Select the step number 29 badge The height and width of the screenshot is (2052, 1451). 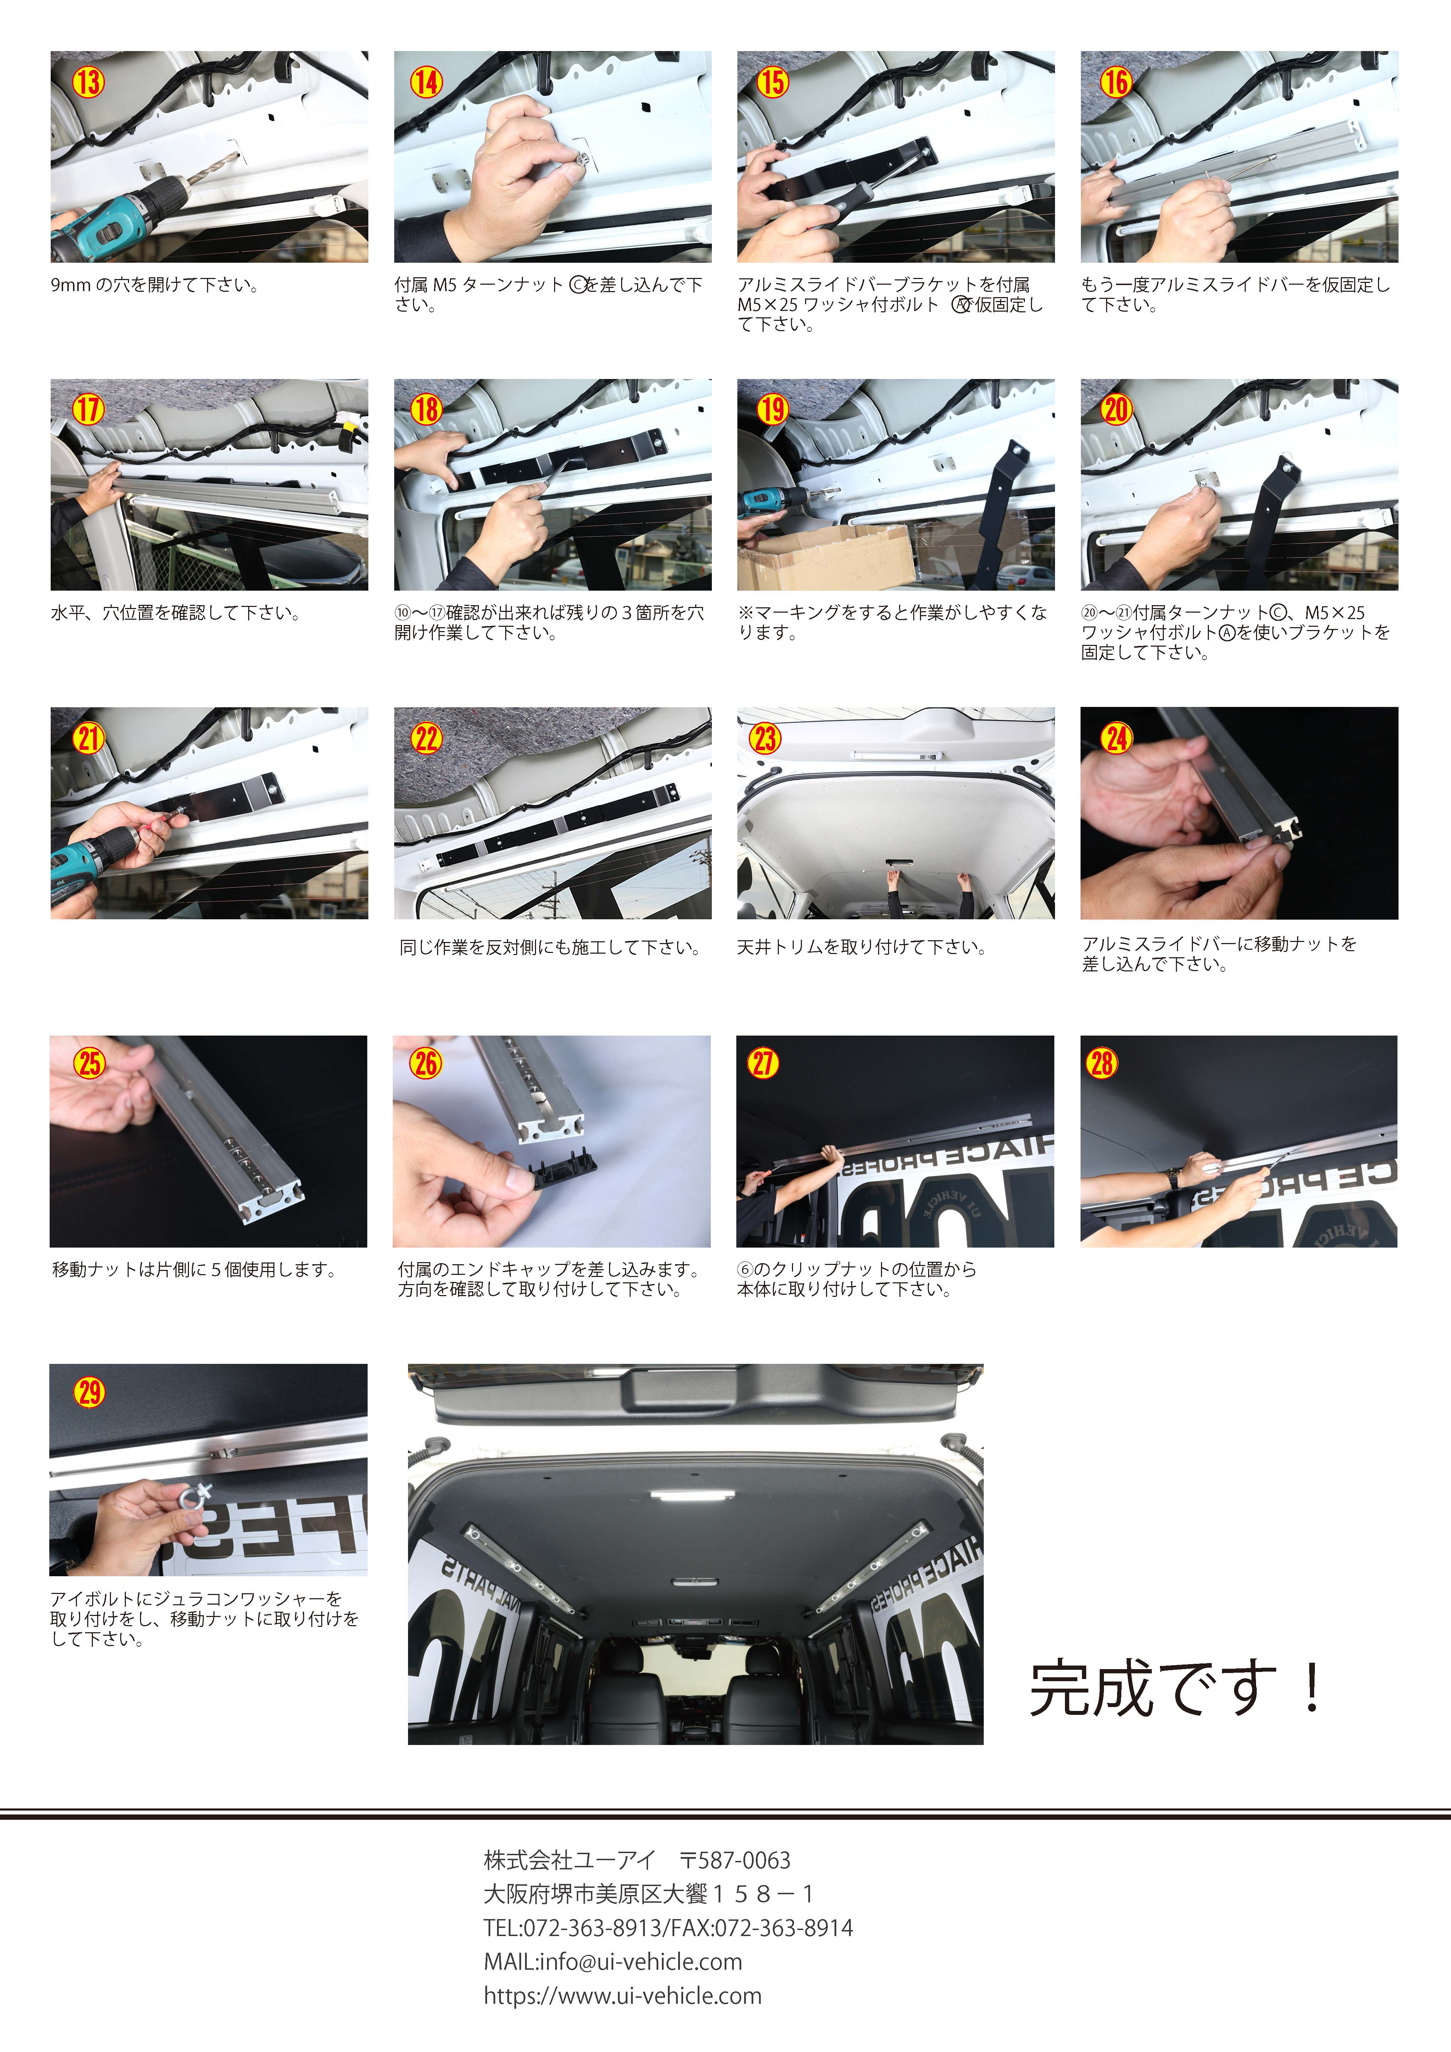click(x=89, y=1392)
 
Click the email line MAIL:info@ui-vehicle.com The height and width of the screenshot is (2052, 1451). click(x=613, y=1962)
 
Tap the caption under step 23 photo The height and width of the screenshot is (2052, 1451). click(x=861, y=947)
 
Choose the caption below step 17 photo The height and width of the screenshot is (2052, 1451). click(x=175, y=613)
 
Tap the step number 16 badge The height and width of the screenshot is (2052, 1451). click(x=1115, y=82)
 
